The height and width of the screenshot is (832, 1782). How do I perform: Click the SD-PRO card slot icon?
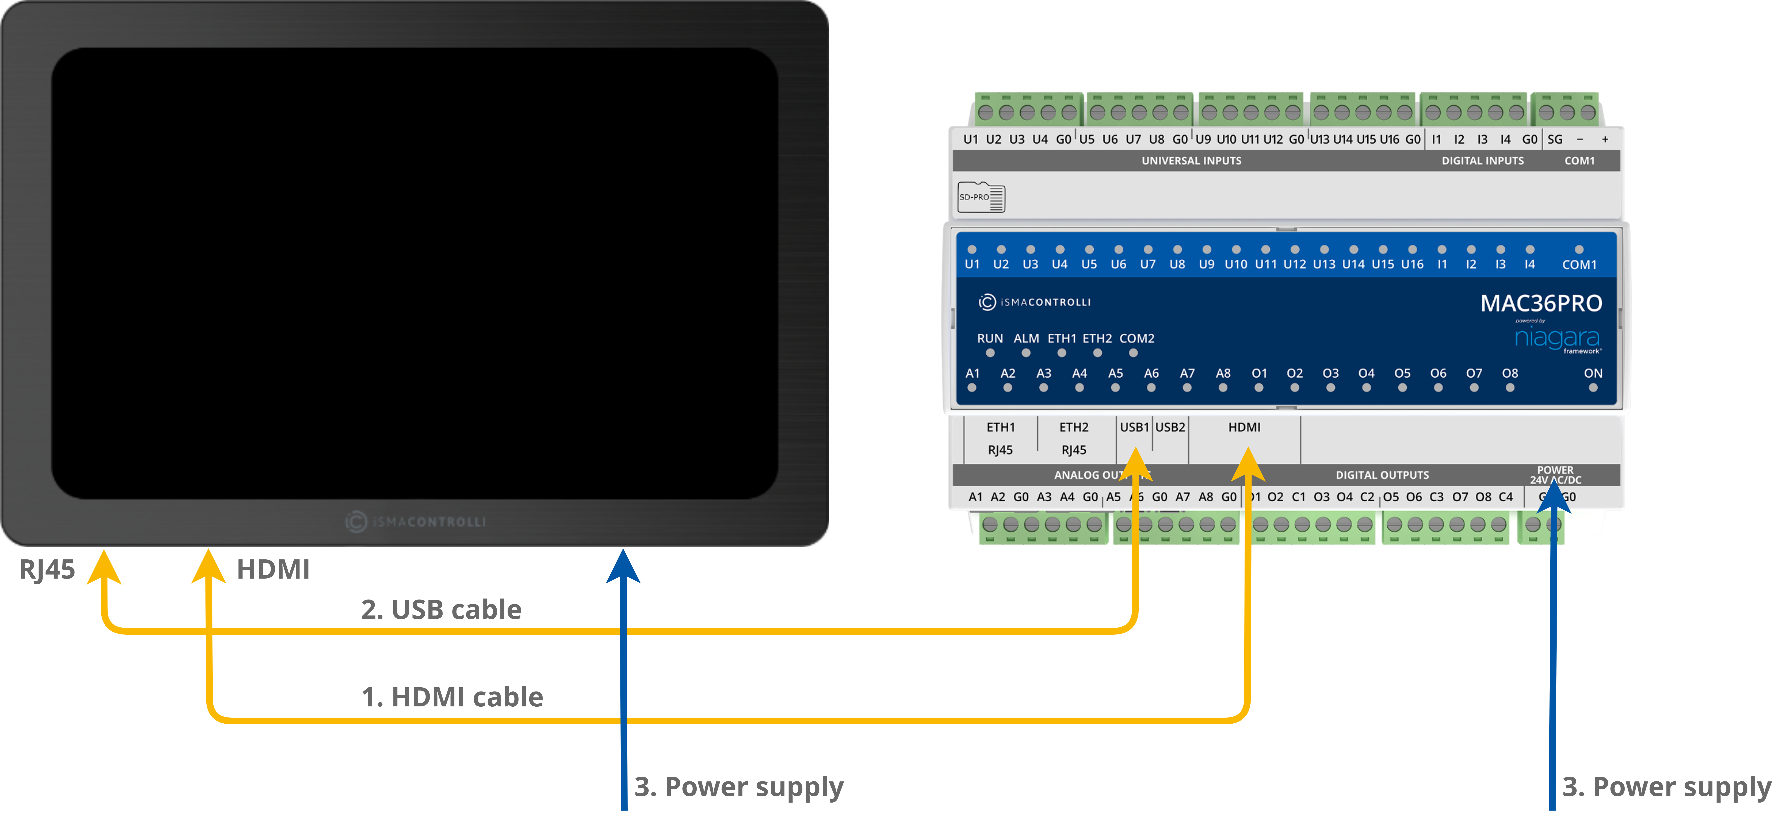pos(981,197)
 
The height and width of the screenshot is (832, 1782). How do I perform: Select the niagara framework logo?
pos(1557,338)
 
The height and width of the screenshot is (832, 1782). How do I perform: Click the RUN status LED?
pos(990,353)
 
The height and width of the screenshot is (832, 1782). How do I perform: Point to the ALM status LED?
pos(1026,353)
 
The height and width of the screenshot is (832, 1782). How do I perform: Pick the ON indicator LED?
pos(1593,388)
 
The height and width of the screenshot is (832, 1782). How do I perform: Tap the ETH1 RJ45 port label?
pos(1000,438)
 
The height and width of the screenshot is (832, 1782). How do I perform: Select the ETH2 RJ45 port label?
pos(1074,438)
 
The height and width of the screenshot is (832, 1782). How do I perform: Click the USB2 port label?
pos(1171,427)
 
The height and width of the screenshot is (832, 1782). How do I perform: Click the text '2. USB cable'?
pos(441,609)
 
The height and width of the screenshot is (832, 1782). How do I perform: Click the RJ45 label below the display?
pos(47,570)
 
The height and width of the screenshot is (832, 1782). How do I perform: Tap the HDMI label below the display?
pos(272,570)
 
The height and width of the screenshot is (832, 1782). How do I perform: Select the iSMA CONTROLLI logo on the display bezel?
pos(416,521)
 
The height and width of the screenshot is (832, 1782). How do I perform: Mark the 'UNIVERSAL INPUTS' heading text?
pos(1191,160)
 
